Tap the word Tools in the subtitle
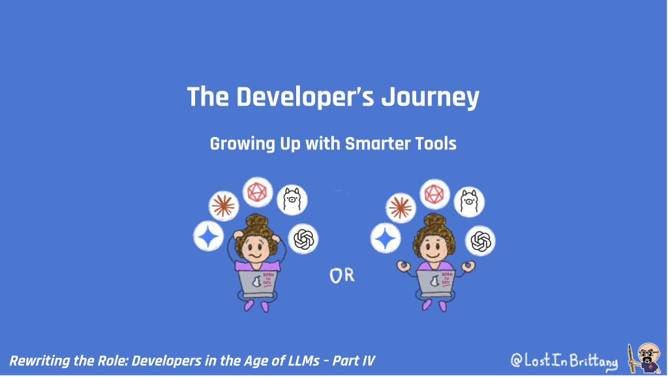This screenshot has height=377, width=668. point(436,143)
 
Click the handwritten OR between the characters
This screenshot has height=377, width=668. point(342,275)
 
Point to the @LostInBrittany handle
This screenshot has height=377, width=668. point(564,360)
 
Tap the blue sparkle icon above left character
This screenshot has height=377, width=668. point(209,236)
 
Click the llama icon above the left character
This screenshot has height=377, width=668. point(292,200)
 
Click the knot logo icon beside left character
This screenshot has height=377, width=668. point(303,239)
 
